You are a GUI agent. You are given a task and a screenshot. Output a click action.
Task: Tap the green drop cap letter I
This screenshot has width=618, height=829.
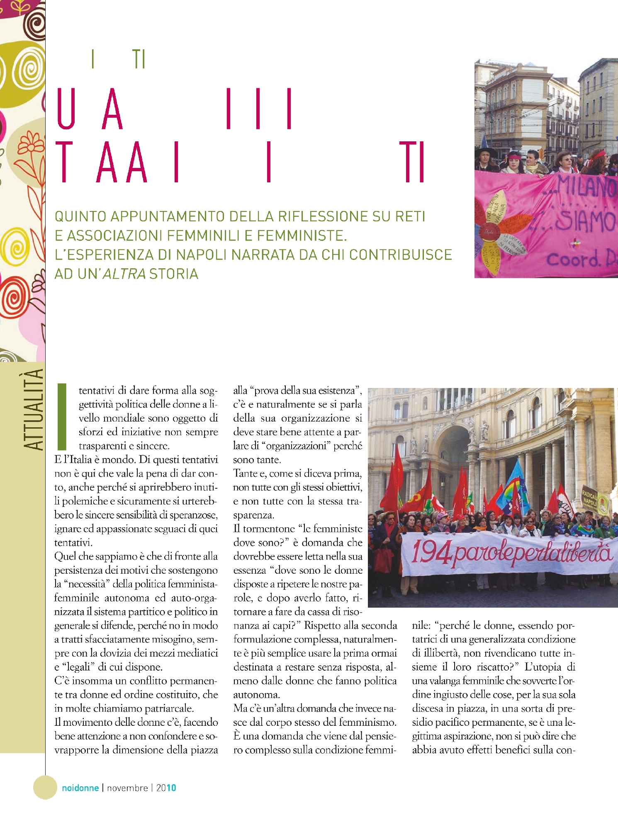tap(62, 417)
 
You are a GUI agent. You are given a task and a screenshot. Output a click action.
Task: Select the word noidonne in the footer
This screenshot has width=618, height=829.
tap(80, 788)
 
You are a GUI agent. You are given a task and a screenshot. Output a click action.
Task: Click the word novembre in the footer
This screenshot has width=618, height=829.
tap(127, 788)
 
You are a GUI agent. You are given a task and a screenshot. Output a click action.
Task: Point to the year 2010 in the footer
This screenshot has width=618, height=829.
tap(166, 788)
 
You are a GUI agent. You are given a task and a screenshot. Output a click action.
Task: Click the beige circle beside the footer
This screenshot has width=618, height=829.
tap(45, 787)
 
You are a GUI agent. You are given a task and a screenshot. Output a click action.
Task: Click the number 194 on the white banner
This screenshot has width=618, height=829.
tap(431, 553)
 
